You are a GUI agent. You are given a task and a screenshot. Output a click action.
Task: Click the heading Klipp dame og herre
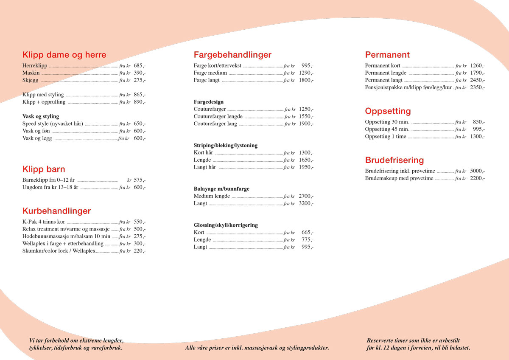(x=64, y=55)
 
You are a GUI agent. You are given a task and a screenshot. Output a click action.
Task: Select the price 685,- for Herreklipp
(x=140, y=66)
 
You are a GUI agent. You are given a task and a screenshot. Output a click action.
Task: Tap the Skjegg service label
(x=31, y=80)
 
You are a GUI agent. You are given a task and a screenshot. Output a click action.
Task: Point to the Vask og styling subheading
(x=41, y=116)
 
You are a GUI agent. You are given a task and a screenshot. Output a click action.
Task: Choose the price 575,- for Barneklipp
(x=140, y=180)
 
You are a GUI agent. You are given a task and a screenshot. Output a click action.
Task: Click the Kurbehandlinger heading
(x=56, y=211)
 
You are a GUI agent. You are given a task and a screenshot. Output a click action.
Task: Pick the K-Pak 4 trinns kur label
(x=44, y=222)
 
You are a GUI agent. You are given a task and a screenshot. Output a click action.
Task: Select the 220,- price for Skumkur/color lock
(x=140, y=251)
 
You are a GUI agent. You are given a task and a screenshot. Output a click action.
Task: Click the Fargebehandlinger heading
(x=232, y=55)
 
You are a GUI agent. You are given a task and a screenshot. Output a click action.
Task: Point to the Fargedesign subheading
(x=209, y=102)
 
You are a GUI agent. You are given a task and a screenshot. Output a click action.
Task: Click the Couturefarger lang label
(x=215, y=124)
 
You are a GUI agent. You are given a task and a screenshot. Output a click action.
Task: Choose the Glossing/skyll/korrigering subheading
(x=226, y=225)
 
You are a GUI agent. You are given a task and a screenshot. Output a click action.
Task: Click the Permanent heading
(x=387, y=55)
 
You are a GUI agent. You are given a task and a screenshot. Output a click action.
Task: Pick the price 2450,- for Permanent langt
(x=478, y=80)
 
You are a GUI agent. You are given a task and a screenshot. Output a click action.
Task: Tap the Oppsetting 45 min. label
(x=387, y=129)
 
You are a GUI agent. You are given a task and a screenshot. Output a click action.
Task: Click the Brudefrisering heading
(x=394, y=160)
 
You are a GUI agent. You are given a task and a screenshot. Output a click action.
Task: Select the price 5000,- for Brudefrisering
(x=478, y=171)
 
